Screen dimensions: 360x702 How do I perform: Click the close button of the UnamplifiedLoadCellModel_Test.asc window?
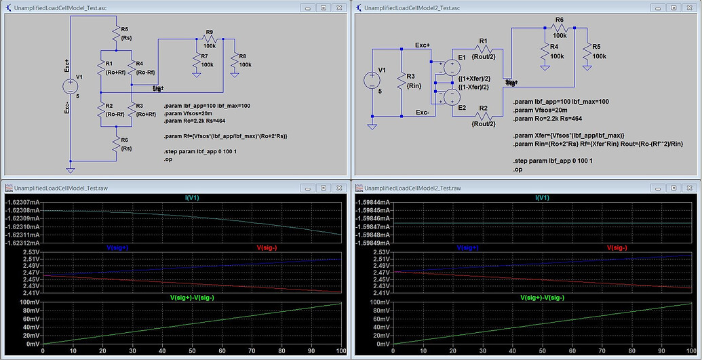[340, 7]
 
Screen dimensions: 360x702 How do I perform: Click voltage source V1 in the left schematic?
[71, 86]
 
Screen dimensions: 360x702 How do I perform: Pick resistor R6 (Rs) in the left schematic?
[115, 143]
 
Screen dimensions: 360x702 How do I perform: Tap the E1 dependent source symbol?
[447, 67]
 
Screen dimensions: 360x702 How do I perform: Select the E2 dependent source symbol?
[447, 98]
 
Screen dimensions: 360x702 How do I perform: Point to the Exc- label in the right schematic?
[422, 113]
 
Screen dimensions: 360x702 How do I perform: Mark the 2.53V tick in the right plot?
[380, 252]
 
